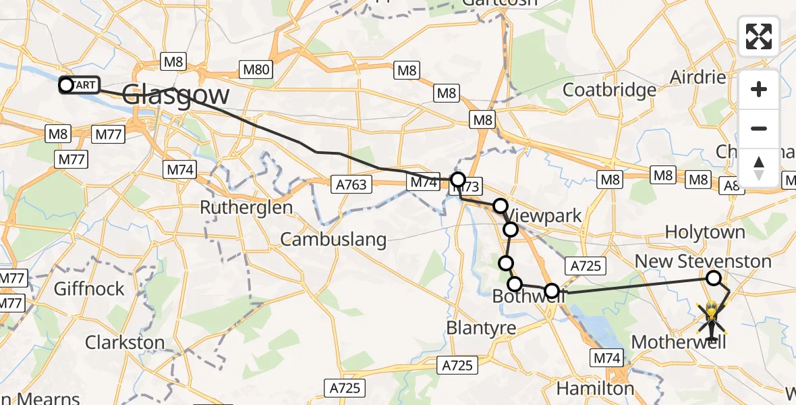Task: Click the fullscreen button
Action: tap(759, 36)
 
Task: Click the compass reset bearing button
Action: tap(759, 168)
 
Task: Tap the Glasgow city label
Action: tap(176, 94)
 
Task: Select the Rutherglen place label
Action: tap(246, 207)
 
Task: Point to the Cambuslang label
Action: tap(333, 239)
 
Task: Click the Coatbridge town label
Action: tap(609, 90)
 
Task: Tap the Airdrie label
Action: tap(698, 77)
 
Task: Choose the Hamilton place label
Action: tap(595, 388)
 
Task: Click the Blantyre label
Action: tap(482, 328)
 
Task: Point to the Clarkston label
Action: tap(125, 342)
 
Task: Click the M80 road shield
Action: tap(256, 68)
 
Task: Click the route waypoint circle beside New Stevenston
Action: tap(713, 277)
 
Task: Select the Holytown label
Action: tap(705, 232)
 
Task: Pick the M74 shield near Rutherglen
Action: tap(180, 170)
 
